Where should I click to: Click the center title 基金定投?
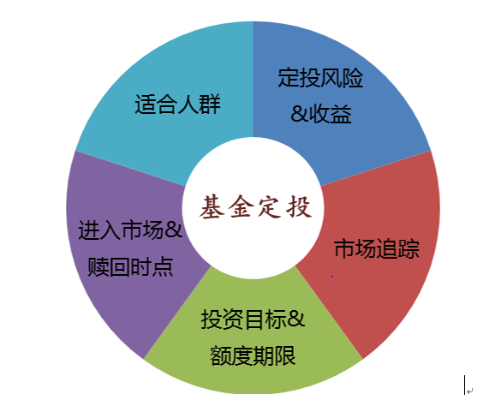(256, 206)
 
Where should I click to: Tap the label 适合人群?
(177, 104)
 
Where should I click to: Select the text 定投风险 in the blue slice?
(320, 77)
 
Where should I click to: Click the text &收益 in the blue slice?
(321, 114)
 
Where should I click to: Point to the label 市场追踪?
(377, 248)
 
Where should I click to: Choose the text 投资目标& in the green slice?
(253, 319)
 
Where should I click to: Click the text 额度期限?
(253, 355)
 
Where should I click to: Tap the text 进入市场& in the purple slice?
(130, 230)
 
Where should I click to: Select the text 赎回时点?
(130, 266)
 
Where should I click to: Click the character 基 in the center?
(212, 206)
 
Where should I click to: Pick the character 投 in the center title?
(300, 206)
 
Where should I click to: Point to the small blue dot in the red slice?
(331, 276)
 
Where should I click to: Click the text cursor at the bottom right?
(464, 385)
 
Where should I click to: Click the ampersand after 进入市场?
(173, 230)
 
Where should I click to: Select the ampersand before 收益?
(300, 114)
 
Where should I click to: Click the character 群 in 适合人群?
(210, 104)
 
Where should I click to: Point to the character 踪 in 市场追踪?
(408, 248)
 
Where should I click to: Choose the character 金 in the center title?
(241, 206)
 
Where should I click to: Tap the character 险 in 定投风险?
(353, 77)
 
